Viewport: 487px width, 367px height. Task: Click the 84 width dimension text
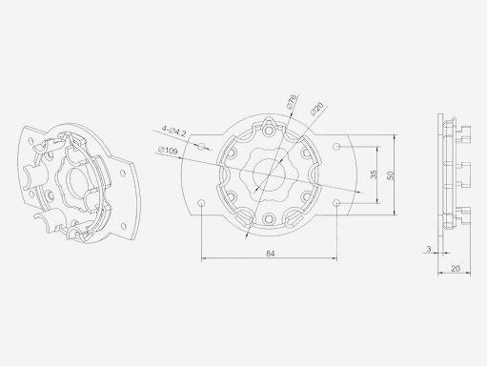(x=270, y=253)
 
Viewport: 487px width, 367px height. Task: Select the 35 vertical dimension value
(x=375, y=174)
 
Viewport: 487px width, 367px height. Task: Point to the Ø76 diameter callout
(x=293, y=101)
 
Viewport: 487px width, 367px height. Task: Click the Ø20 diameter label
(x=316, y=109)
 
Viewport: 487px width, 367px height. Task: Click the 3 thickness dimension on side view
(x=429, y=249)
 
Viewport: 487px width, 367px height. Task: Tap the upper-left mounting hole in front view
(x=201, y=146)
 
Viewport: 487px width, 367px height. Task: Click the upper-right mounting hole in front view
(x=338, y=146)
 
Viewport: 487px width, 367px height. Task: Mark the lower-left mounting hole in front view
(x=201, y=203)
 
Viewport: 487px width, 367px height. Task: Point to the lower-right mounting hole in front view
(x=338, y=203)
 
